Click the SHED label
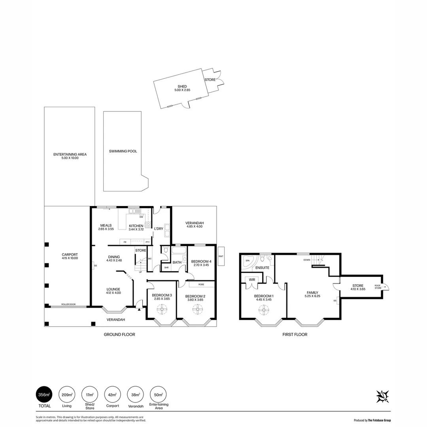(182, 87)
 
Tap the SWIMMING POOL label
(123, 151)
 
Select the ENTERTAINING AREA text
(70, 154)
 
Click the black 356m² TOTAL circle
(44, 395)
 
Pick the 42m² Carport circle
(112, 395)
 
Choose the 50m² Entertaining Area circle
(158, 395)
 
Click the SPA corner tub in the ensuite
(248, 261)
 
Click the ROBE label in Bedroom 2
(201, 284)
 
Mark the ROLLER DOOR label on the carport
(68, 305)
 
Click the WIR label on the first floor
(251, 280)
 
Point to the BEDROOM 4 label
(201, 262)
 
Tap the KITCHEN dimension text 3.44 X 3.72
(136, 229)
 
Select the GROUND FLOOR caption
(119, 334)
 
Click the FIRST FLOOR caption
(295, 334)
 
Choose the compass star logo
(382, 396)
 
